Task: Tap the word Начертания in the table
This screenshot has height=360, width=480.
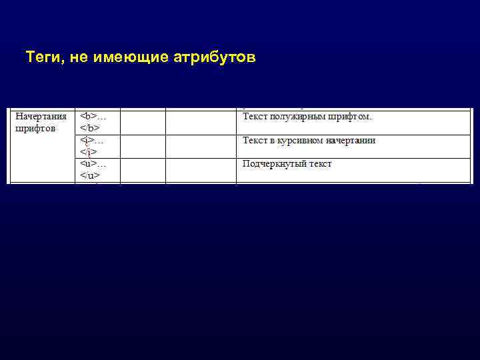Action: click(x=41, y=116)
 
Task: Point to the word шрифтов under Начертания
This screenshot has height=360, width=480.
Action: click(x=35, y=128)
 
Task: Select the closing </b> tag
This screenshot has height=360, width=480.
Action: click(x=90, y=128)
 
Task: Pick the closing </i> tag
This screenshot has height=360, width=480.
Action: click(x=89, y=152)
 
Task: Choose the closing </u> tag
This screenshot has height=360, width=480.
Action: click(x=90, y=175)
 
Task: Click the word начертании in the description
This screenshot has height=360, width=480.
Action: click(x=353, y=141)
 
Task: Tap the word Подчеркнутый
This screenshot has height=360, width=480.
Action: click(x=274, y=164)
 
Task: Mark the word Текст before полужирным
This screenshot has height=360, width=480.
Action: click(x=254, y=117)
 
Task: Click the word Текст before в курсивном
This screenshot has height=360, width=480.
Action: click(x=254, y=141)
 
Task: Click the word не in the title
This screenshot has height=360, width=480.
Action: click(x=76, y=59)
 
